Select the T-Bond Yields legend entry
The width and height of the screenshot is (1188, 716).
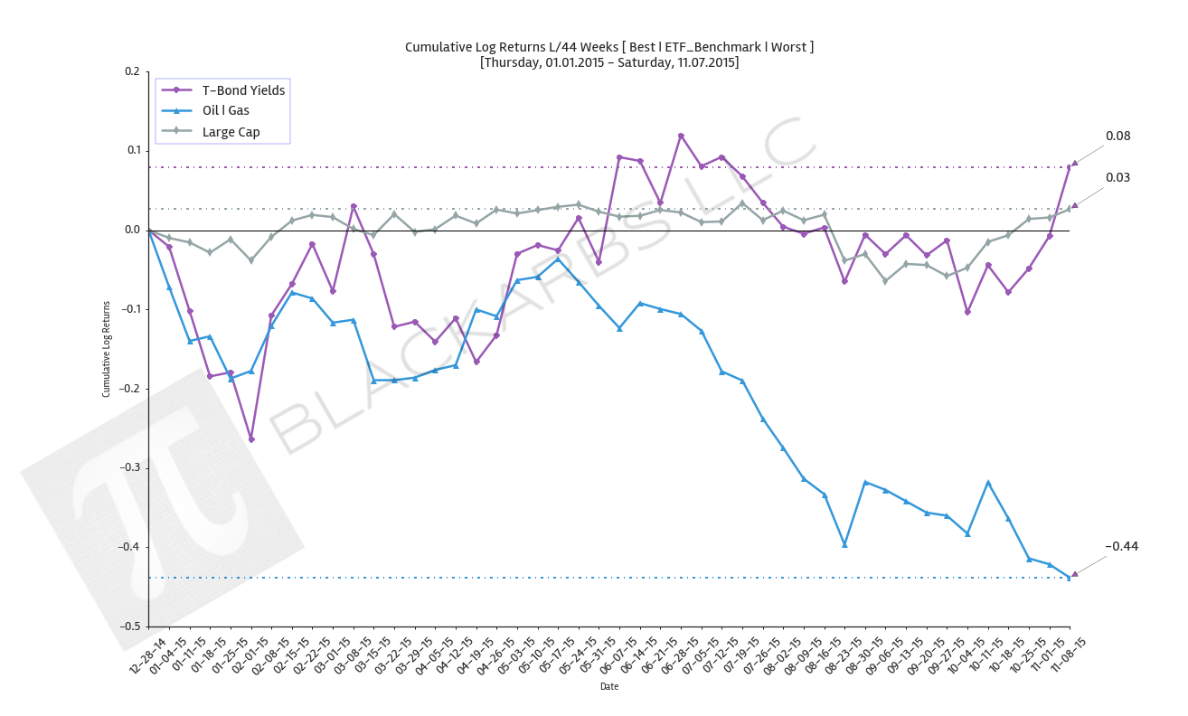[x=243, y=90]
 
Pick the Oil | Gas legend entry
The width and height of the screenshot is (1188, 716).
[x=225, y=111]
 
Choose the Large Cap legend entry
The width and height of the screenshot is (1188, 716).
[x=231, y=132]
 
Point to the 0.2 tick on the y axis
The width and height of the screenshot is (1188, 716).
[x=132, y=71]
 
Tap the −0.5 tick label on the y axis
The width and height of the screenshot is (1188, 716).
[x=129, y=626]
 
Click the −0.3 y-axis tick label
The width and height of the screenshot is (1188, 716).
[x=129, y=468]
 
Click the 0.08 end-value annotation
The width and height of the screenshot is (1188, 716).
[x=1117, y=137]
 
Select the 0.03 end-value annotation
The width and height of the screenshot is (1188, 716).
[x=1117, y=178]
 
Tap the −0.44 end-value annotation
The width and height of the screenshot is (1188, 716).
[x=1121, y=546]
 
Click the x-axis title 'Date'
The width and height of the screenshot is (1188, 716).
[x=609, y=687]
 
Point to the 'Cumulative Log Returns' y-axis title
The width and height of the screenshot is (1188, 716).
[x=106, y=349]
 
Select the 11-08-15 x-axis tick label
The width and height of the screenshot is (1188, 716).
[x=1068, y=653]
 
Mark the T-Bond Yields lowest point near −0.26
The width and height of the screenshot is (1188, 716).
[x=251, y=439]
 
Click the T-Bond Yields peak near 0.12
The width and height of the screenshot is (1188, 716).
[x=681, y=136]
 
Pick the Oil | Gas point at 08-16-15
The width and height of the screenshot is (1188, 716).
[x=844, y=545]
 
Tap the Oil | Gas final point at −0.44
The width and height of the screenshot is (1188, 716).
[x=1069, y=578]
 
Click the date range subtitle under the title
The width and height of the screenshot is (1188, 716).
[x=608, y=63]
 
